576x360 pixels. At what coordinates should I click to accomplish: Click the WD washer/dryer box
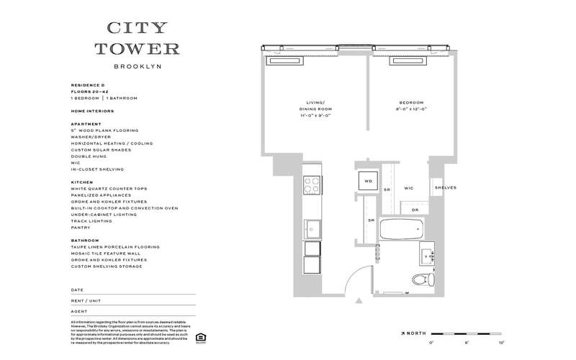coord(368,181)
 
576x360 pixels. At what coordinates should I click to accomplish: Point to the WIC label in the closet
coord(408,189)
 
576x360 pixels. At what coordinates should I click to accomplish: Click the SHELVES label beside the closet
coord(444,189)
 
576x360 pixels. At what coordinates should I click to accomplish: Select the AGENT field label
coord(79,311)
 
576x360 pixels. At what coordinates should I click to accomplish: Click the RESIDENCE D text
coord(88,85)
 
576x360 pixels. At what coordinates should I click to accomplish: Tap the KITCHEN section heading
coord(82,182)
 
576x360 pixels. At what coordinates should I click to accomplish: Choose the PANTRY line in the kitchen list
coord(81,228)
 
